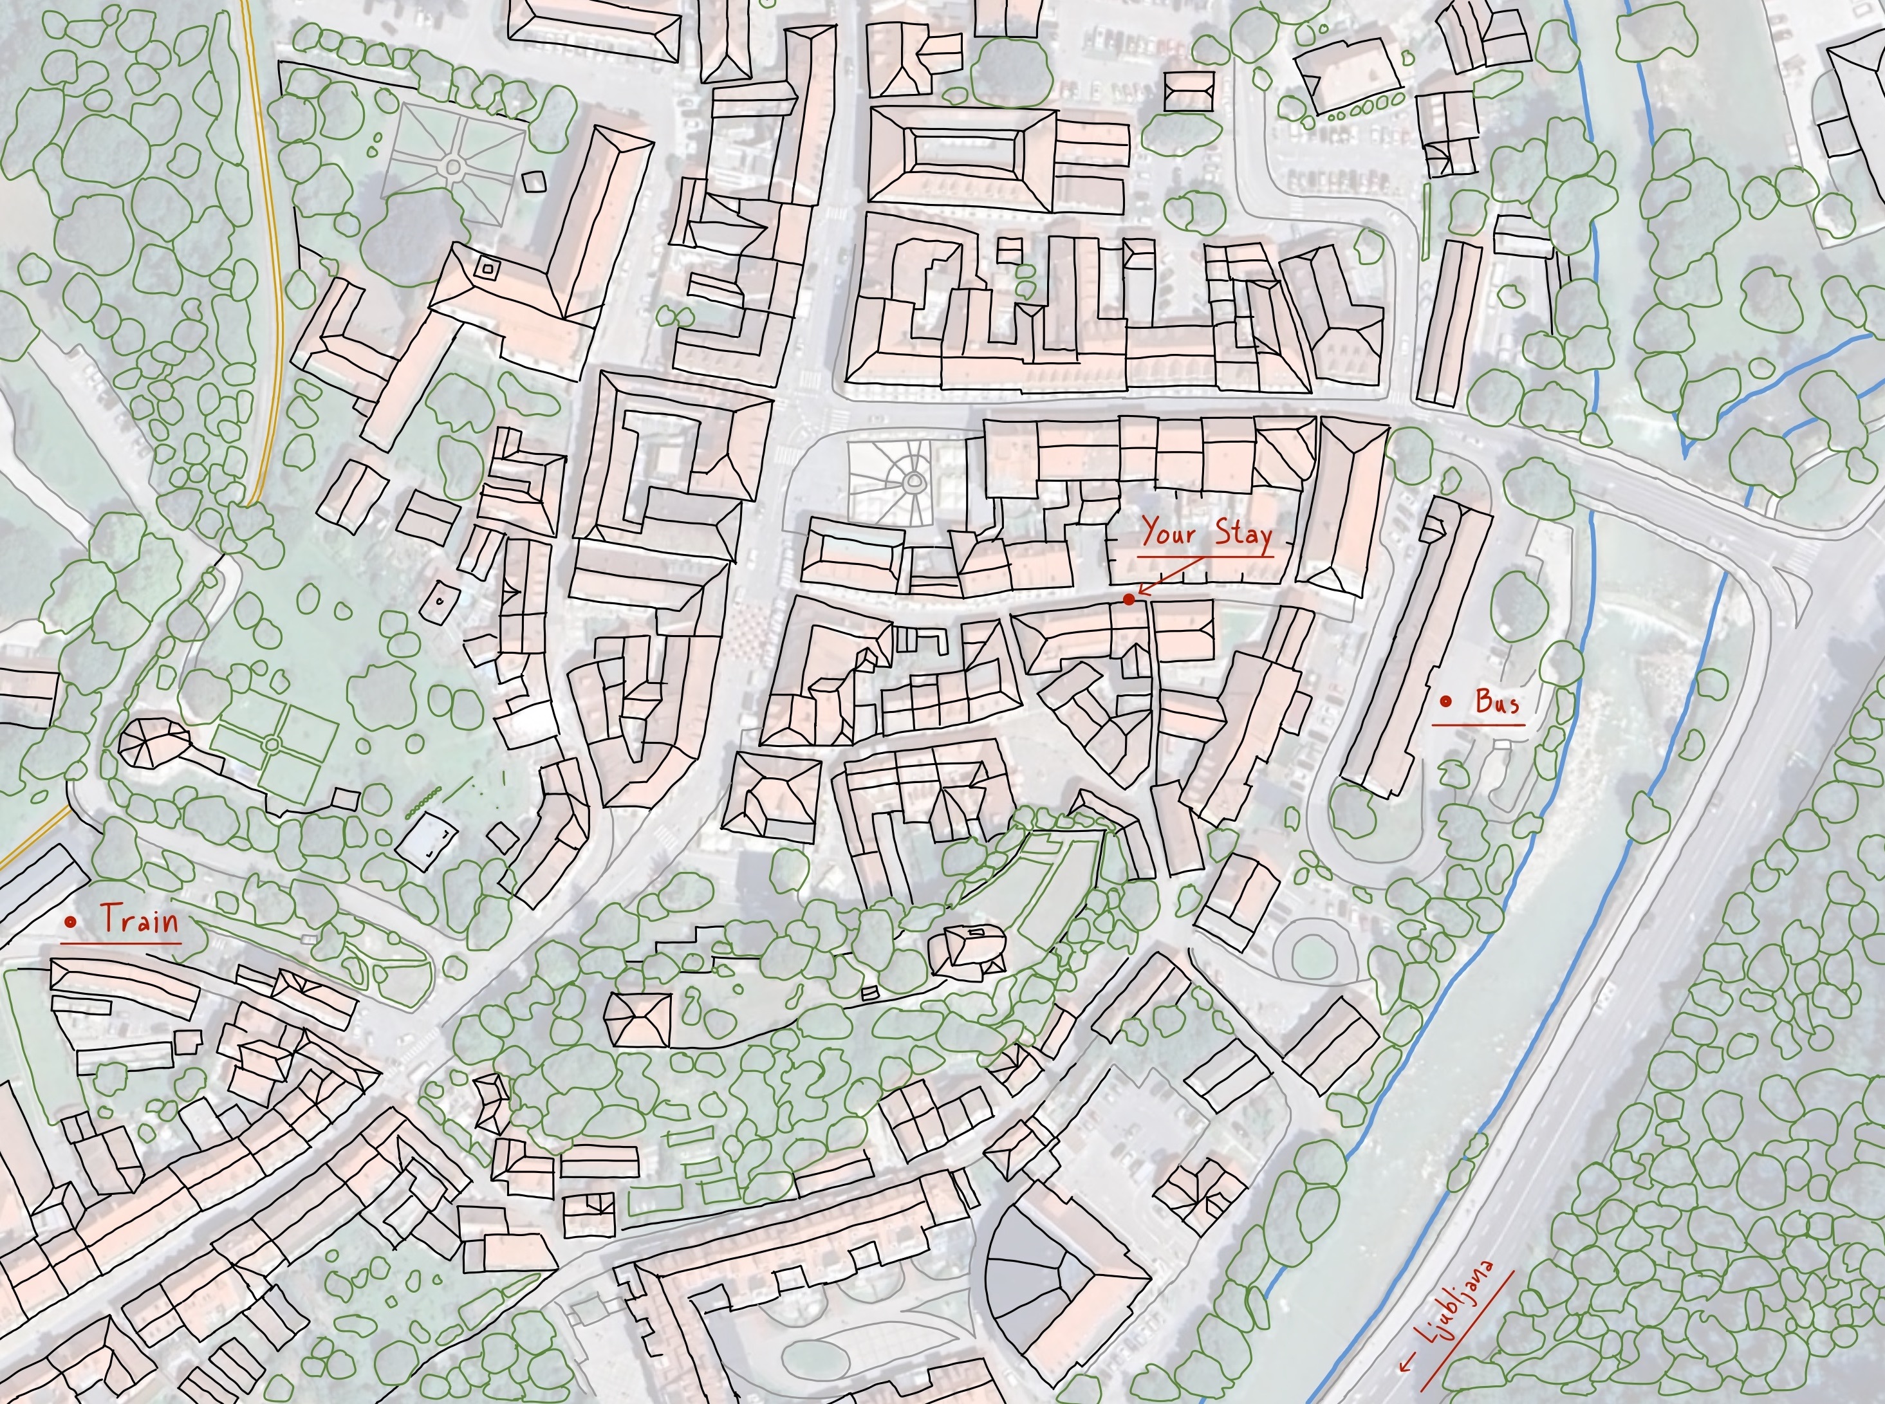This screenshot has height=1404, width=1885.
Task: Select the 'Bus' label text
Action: tap(1498, 702)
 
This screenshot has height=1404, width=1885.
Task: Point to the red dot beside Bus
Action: tap(1445, 701)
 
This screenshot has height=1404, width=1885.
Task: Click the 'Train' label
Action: tap(140, 920)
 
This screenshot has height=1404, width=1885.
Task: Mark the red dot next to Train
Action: tap(71, 921)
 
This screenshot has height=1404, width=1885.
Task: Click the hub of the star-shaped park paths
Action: tap(453, 166)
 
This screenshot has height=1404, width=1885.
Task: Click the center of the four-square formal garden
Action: tap(272, 744)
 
